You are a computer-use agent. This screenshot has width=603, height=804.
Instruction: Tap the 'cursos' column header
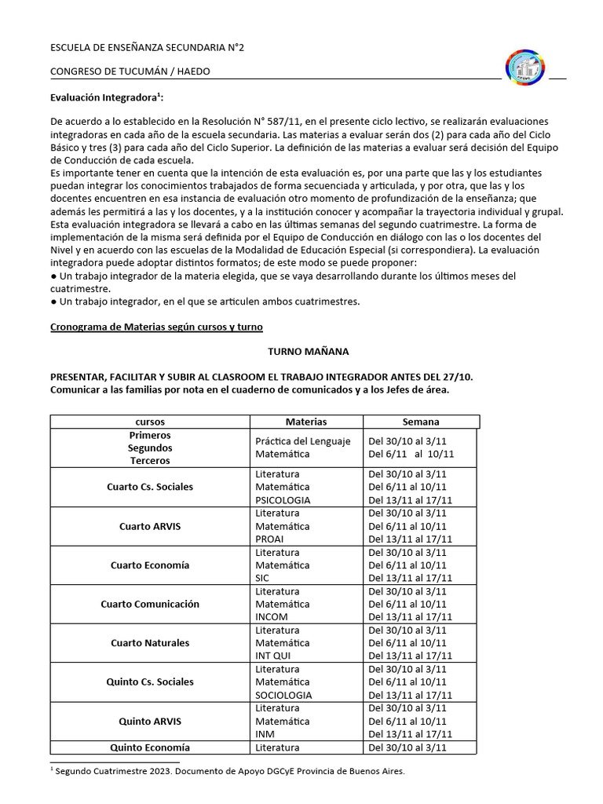pyautogui.click(x=150, y=422)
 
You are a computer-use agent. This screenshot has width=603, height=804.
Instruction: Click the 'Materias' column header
pyautogui.click(x=305, y=422)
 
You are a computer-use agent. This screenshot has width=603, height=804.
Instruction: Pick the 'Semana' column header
pyautogui.click(x=421, y=422)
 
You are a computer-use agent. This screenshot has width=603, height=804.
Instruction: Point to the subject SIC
pyautogui.click(x=263, y=578)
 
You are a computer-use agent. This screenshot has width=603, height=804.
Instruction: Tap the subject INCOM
pyautogui.click(x=272, y=617)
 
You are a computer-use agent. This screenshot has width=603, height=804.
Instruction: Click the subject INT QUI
pyautogui.click(x=274, y=656)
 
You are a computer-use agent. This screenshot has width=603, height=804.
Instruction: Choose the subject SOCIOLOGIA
pyautogui.click(x=283, y=695)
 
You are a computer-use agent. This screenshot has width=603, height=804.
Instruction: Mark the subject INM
pyautogui.click(x=265, y=734)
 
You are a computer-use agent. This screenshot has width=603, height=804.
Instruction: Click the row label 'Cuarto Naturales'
pyautogui.click(x=150, y=643)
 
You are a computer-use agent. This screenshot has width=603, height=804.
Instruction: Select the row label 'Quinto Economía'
pyautogui.click(x=150, y=747)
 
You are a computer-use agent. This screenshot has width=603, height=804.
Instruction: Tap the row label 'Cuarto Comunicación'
pyautogui.click(x=150, y=604)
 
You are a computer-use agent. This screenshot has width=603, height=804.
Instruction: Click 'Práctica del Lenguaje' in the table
pyautogui.click(x=302, y=441)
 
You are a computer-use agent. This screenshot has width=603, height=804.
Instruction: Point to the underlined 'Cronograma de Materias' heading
pyautogui.click(x=157, y=326)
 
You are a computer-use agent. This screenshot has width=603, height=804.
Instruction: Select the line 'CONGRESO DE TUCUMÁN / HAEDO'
pyautogui.click(x=130, y=71)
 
